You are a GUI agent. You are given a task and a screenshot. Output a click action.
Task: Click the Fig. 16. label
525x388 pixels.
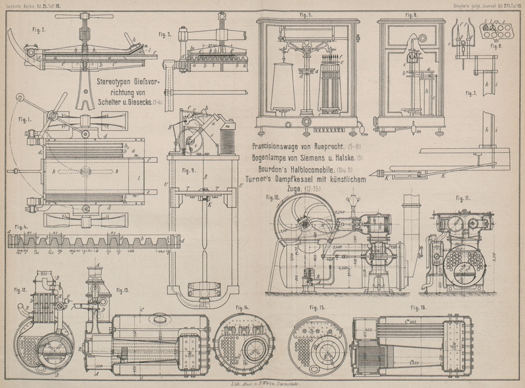419,307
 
